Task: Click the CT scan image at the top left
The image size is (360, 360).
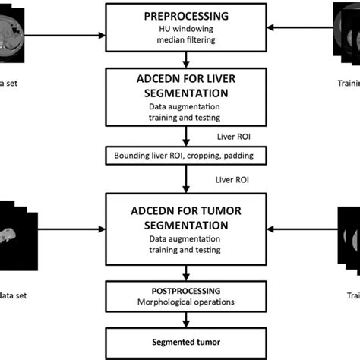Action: [x=15, y=30]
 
